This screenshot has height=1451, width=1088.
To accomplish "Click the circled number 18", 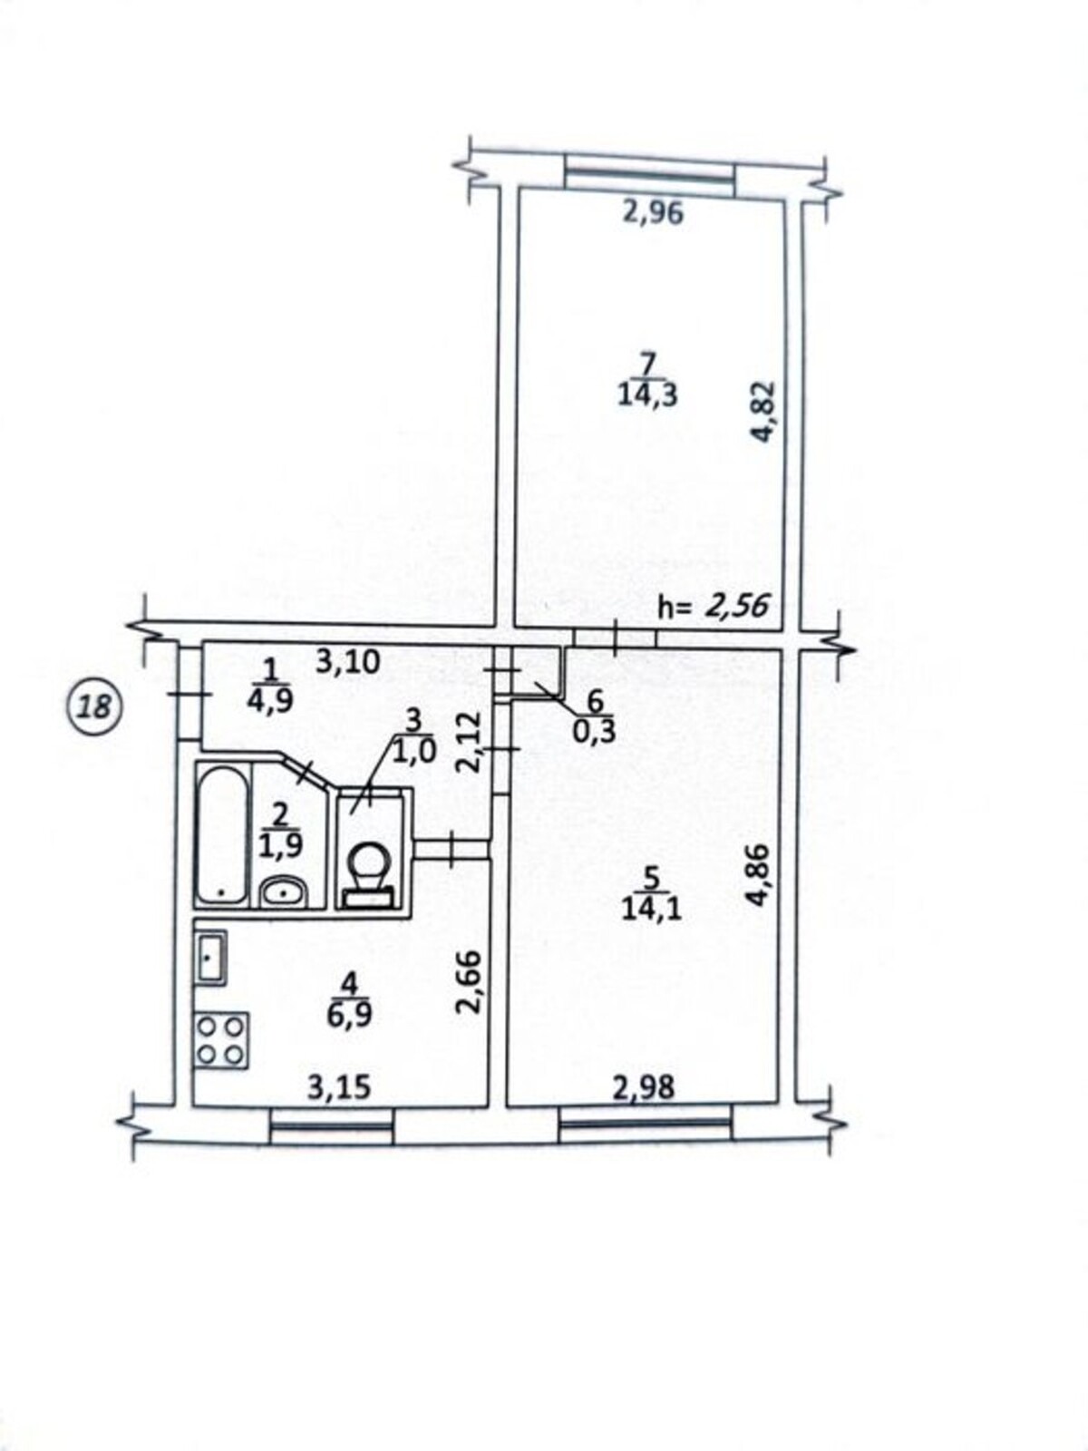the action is (96, 708).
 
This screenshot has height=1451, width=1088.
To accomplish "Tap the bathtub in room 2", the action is (223, 835).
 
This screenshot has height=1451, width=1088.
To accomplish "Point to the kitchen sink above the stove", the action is (210, 958).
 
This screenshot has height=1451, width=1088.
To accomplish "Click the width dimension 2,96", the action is (654, 213).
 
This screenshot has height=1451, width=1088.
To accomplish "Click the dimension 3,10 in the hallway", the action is (348, 661).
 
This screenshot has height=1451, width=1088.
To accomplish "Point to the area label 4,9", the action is (269, 699).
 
